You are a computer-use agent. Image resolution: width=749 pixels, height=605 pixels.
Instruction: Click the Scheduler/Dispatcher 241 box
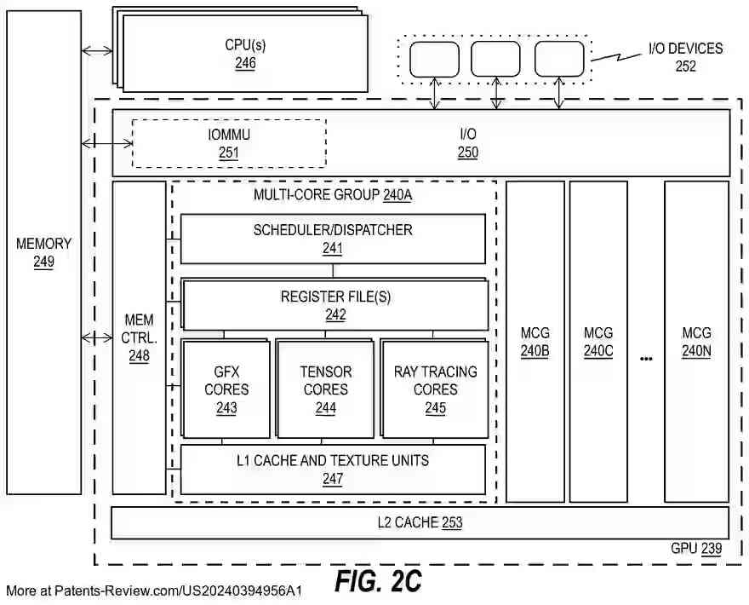pyautogui.click(x=333, y=239)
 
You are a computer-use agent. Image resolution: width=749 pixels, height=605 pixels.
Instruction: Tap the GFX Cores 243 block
pyautogui.click(x=226, y=389)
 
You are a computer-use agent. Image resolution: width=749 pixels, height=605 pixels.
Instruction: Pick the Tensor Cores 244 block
pyautogui.click(x=325, y=389)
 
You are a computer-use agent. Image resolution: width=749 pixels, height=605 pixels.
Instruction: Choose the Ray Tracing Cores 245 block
pyautogui.click(x=435, y=389)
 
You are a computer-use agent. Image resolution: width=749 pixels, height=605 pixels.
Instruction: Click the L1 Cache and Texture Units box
pyautogui.click(x=333, y=469)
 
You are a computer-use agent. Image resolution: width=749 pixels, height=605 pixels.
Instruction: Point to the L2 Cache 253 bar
pyautogui.click(x=420, y=522)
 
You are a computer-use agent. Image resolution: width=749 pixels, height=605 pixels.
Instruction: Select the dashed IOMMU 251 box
pyautogui.click(x=229, y=143)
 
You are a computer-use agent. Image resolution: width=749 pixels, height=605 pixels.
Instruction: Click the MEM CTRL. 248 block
pyautogui.click(x=139, y=337)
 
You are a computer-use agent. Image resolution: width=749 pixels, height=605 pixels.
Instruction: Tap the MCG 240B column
pyautogui.click(x=535, y=341)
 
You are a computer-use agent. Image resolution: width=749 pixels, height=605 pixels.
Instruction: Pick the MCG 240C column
pyautogui.click(x=598, y=341)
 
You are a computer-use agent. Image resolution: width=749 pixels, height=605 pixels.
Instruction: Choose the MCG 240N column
pyautogui.click(x=696, y=341)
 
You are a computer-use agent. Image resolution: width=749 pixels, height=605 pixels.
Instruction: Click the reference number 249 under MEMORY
pyautogui.click(x=43, y=262)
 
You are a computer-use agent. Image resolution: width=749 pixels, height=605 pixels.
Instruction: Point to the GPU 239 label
pyautogui.click(x=695, y=550)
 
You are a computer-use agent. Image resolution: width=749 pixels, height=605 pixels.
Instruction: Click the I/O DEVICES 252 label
pyautogui.click(x=685, y=57)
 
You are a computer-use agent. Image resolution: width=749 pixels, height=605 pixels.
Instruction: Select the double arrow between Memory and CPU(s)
pyautogui.click(x=97, y=51)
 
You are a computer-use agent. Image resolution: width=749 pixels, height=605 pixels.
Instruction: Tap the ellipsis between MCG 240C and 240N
pyautogui.click(x=646, y=359)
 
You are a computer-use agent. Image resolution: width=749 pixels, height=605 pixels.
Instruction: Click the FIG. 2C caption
pyautogui.click(x=378, y=581)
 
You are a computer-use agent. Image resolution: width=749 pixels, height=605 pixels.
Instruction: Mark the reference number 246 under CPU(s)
pyautogui.click(x=245, y=63)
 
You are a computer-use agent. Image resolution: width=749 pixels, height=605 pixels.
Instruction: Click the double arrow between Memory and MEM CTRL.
pyautogui.click(x=97, y=338)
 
